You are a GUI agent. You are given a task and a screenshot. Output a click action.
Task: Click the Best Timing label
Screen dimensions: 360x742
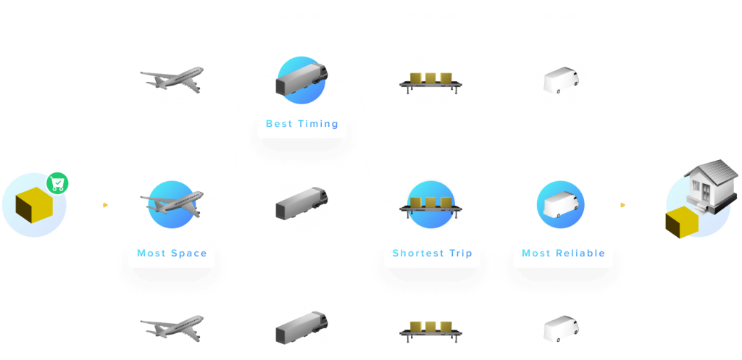point(301,124)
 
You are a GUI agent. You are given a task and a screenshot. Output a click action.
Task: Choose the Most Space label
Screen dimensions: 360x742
point(172,254)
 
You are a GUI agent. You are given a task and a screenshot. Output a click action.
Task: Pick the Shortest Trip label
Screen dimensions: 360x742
point(432,254)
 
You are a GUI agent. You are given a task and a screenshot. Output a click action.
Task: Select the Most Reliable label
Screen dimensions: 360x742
point(562,254)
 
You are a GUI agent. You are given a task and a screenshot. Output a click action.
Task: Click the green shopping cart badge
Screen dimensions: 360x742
point(57,183)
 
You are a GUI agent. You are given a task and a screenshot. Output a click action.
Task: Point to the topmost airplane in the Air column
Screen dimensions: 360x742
point(172,79)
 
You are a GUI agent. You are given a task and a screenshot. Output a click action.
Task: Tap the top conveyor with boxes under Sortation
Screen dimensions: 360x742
point(431,80)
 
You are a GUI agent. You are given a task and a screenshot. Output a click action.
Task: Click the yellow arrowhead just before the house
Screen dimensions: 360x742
point(622,205)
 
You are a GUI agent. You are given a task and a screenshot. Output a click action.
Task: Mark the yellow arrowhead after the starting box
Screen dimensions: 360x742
point(106,205)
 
